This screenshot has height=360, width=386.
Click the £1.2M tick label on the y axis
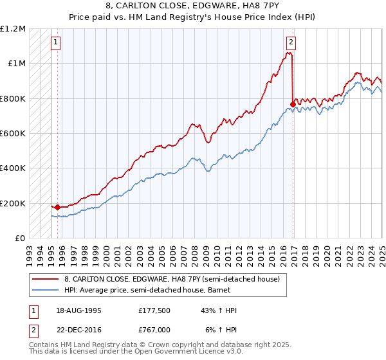(12, 29)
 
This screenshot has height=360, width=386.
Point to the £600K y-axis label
(12, 134)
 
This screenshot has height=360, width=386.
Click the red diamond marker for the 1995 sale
(58, 207)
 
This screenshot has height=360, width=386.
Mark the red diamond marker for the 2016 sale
(293, 104)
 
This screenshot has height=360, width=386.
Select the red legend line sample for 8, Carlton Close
(45, 279)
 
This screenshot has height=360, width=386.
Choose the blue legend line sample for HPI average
(45, 289)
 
